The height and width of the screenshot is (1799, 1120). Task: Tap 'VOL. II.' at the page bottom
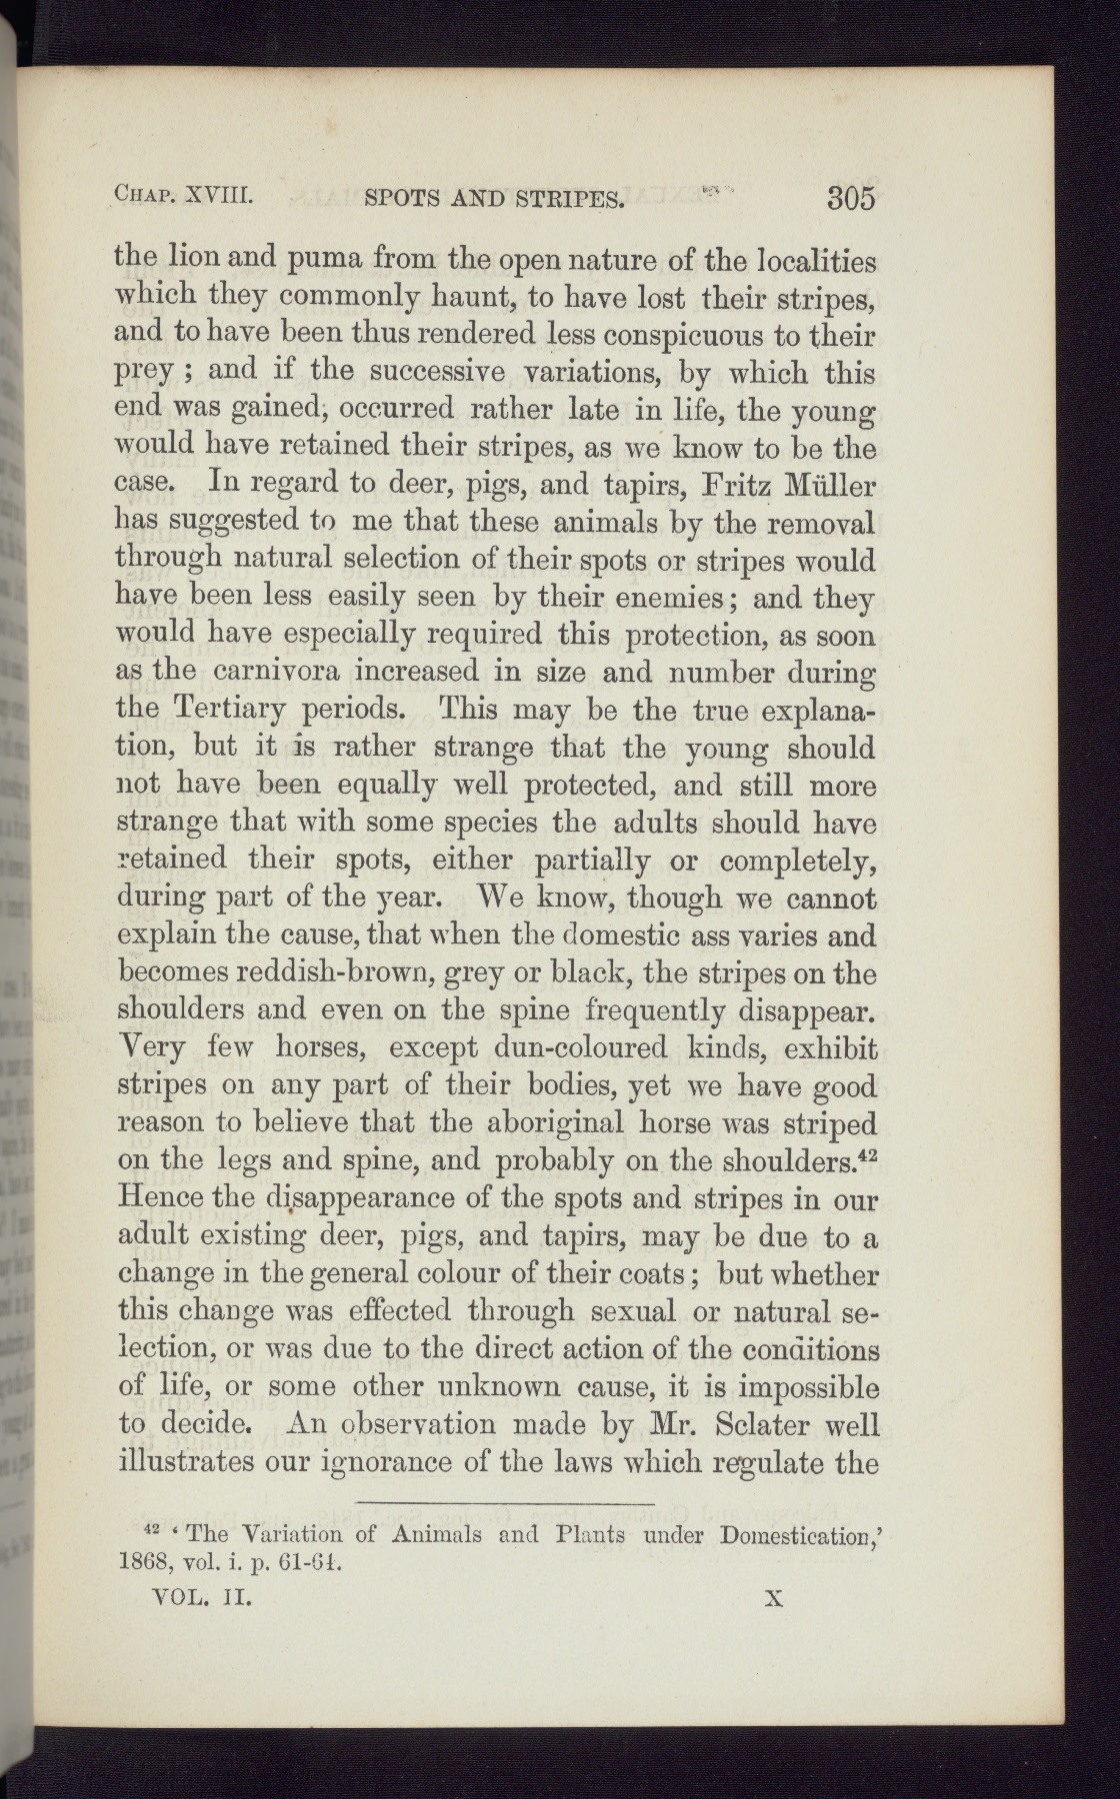point(199,1598)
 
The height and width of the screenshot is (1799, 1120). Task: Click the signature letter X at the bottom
point(771,1598)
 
